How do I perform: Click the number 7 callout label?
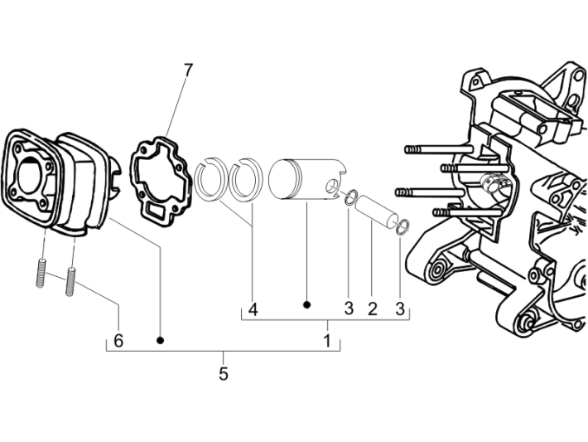point(188,70)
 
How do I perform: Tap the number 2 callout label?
point(372,309)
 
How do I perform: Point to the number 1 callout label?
point(327,340)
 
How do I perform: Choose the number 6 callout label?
point(118,340)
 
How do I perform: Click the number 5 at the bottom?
point(223,374)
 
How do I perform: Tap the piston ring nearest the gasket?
point(210,182)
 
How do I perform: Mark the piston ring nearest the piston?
point(245,182)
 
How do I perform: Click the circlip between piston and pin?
point(351,197)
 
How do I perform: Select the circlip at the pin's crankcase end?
point(402,227)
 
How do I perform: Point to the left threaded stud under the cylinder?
point(40,273)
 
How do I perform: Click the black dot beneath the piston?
point(306,305)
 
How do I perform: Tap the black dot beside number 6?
point(161,340)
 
